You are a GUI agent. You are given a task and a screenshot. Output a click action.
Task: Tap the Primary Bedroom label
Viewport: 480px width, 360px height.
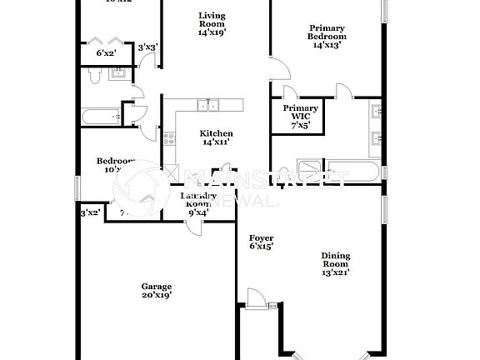coord(327,37)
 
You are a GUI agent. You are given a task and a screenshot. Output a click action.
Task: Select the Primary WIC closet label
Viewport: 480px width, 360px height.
coord(300,117)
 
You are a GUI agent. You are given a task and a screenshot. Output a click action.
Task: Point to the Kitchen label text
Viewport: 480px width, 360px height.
coord(217,137)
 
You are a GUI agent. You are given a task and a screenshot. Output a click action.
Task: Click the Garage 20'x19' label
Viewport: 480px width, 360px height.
coord(156,290)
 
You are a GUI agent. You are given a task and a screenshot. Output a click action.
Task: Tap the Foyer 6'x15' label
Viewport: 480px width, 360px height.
coord(262,242)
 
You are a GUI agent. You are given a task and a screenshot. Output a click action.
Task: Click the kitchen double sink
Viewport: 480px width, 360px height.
coord(208,105)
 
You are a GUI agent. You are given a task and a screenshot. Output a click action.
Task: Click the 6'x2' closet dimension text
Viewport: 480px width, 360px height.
coord(106,53)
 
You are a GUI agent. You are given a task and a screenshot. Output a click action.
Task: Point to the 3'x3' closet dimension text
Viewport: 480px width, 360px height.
coord(147,47)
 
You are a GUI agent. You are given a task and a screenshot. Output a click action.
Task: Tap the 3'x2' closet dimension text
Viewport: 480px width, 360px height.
coord(89,213)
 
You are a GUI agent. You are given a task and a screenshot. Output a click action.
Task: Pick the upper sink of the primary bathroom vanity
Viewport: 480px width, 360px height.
coord(376,109)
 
